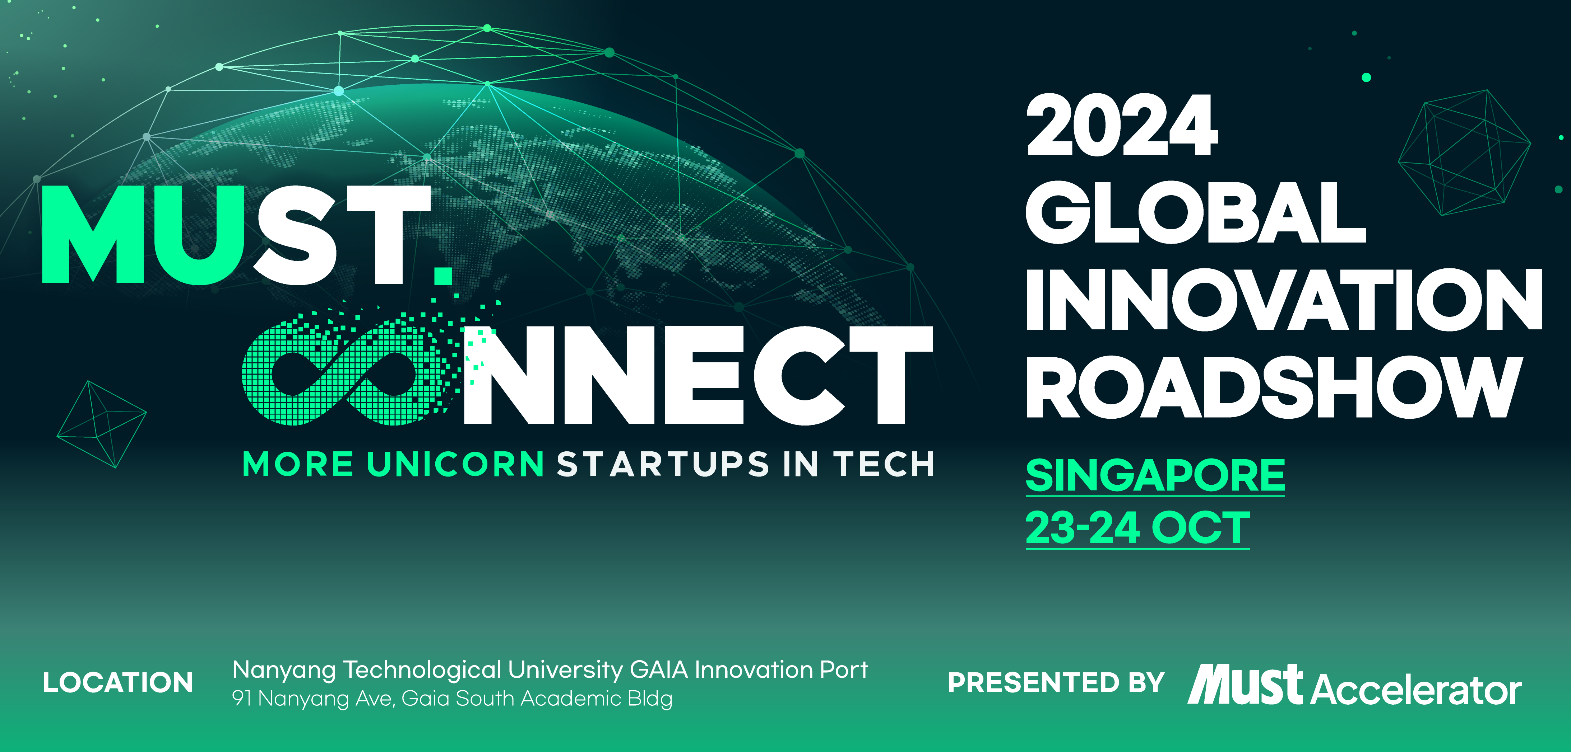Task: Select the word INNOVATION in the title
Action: pos(1284,300)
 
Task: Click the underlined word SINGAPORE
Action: pos(1155,476)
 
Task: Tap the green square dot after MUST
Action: pos(443,276)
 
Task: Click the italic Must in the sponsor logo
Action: pos(1245,684)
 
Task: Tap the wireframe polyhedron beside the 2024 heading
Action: pos(1464,152)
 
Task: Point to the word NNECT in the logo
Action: pos(698,375)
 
